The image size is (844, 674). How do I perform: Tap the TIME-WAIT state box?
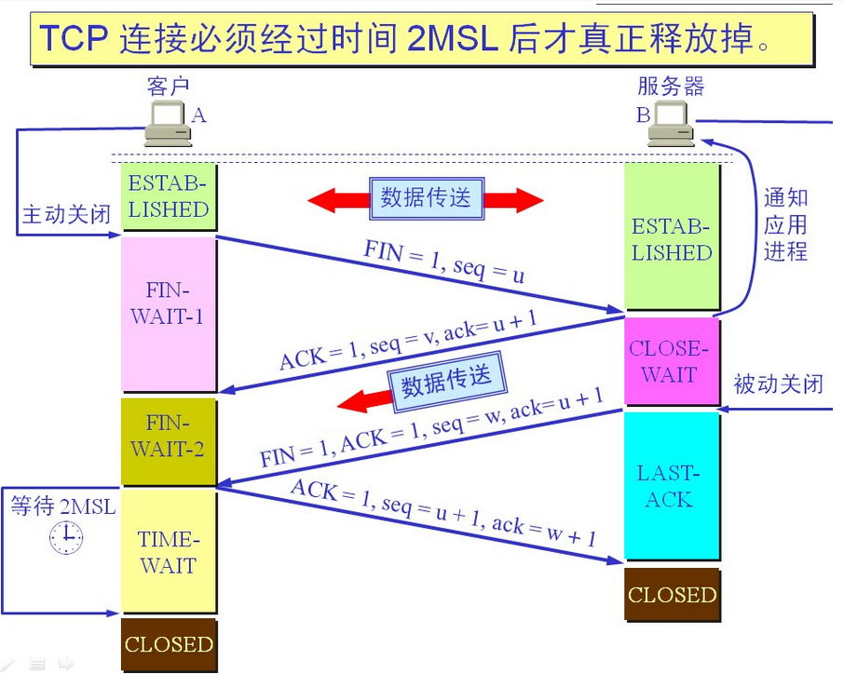[x=168, y=552]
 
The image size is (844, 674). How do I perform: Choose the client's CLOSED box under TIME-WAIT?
[x=169, y=644]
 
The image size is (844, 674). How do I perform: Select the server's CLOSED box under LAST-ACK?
[x=672, y=595]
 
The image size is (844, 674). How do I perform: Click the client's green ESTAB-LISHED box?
[x=168, y=196]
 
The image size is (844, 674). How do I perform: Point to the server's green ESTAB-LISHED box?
[x=672, y=238]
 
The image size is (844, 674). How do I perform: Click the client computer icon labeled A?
[x=167, y=123]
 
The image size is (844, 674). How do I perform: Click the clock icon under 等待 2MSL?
[x=65, y=537]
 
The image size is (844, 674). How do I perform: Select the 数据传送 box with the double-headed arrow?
[x=426, y=198]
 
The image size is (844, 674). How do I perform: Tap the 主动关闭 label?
[x=66, y=215]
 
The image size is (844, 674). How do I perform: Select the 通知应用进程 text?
[x=784, y=224]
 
